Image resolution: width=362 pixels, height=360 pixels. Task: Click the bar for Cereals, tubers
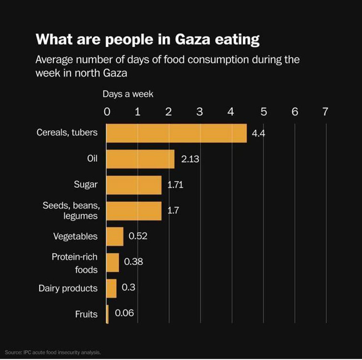coord(176,133)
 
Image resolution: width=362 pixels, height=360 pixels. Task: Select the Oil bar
coord(140,159)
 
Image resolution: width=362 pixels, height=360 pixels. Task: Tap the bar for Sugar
coord(134,185)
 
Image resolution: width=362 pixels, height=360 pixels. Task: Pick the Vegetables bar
coord(115,236)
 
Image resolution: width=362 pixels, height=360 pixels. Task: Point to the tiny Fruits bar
coord(108,314)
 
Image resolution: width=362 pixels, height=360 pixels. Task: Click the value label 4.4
coord(259,133)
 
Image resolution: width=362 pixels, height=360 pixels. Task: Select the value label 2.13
coord(190,159)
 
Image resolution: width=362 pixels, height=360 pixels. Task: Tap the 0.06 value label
coord(125,313)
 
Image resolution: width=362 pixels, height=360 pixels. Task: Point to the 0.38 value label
coord(134,261)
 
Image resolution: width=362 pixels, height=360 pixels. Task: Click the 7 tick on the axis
coord(325,111)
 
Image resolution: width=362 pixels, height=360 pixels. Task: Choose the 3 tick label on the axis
coord(199,111)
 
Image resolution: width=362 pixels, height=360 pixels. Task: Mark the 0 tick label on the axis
coord(107,111)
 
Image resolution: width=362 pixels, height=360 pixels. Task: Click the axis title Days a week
coord(128,94)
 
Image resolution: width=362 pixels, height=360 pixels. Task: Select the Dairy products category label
coord(68,288)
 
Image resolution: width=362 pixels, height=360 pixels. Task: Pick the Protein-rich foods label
coord(75,263)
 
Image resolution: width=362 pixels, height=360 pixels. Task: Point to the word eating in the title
coord(239,39)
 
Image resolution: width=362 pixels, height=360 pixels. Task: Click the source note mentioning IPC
coord(53,352)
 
